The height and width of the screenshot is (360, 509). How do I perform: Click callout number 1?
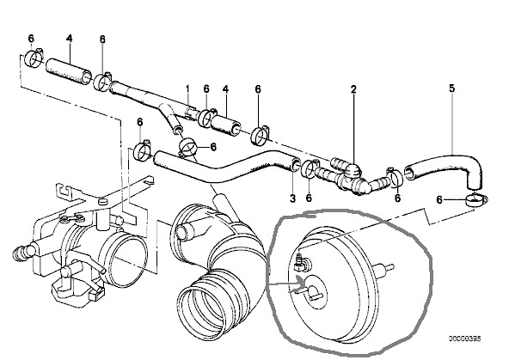click(187, 88)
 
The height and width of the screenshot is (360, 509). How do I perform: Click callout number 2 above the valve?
click(353, 89)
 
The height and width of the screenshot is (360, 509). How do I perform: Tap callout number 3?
click(292, 198)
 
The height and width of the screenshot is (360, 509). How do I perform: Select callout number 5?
click(452, 88)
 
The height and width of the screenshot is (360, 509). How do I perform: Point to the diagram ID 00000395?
click(465, 339)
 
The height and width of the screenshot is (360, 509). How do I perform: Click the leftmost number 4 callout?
click(69, 39)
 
